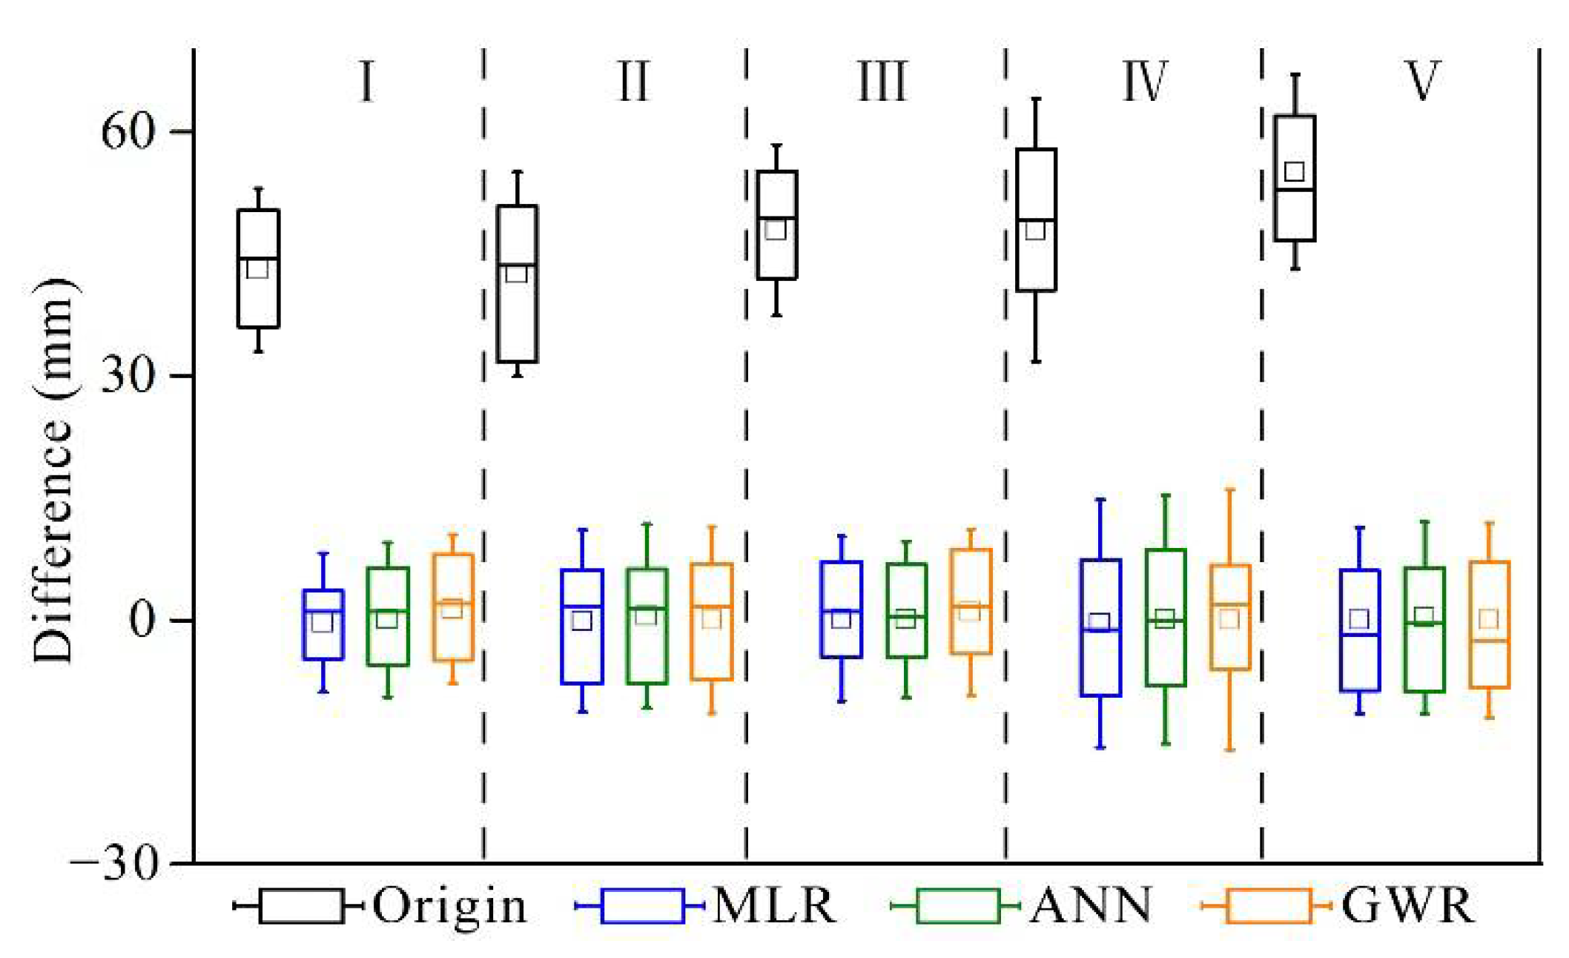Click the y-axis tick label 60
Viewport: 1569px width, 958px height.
pyautogui.click(x=127, y=132)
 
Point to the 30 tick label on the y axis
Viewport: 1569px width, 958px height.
pyautogui.click(x=127, y=376)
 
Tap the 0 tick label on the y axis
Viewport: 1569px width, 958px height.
pyautogui.click(x=143, y=619)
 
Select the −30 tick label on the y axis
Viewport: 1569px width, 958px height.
pyautogui.click(x=116, y=863)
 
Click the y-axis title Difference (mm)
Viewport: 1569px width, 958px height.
pyautogui.click(x=53, y=471)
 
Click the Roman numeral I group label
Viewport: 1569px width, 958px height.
pyautogui.click(x=366, y=82)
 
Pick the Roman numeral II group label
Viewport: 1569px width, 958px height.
pyautogui.click(x=634, y=82)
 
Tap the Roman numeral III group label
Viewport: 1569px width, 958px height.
pyautogui.click(x=882, y=82)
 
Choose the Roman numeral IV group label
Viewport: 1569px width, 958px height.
pyautogui.click(x=1145, y=82)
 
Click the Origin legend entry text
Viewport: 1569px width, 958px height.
pyautogui.click(x=449, y=905)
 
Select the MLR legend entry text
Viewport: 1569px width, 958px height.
pyautogui.click(x=774, y=905)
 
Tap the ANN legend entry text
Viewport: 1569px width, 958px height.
pyautogui.click(x=1091, y=905)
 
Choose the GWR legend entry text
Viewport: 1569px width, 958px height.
pyautogui.click(x=1407, y=905)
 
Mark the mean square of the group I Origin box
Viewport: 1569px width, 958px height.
pyautogui.click(x=257, y=268)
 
